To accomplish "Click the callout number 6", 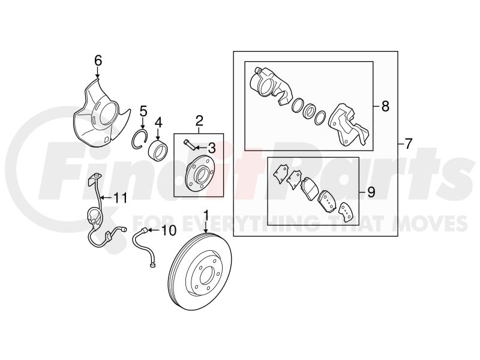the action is [x=98, y=61].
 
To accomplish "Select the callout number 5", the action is [x=143, y=112].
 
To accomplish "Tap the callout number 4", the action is [x=158, y=123].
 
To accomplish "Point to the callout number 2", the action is [x=199, y=121].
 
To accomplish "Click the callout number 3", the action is [x=212, y=148].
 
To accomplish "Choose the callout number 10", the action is [x=169, y=230].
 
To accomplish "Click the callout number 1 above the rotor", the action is [x=206, y=215].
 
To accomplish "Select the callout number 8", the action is [x=385, y=106].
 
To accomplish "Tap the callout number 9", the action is [x=371, y=193].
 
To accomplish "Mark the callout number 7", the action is [x=409, y=143].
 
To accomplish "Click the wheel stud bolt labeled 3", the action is [x=190, y=145].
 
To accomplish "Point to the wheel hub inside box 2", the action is [x=200, y=176].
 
